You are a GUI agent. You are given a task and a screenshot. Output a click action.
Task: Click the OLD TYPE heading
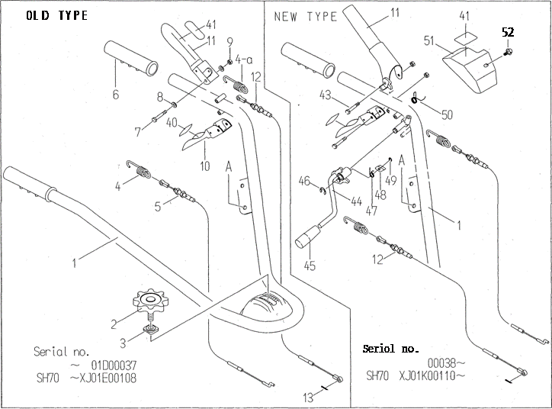[57, 15]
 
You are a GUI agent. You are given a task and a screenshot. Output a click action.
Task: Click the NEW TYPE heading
[306, 17]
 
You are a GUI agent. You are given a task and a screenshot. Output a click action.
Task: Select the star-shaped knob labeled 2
[151, 302]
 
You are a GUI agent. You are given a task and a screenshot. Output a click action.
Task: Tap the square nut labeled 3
[152, 330]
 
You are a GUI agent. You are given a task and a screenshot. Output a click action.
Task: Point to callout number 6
[116, 95]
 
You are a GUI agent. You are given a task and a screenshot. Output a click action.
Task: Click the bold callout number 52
[508, 32]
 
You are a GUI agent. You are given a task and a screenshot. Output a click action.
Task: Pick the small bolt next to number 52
[508, 52]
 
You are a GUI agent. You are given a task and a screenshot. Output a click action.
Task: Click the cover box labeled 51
[470, 69]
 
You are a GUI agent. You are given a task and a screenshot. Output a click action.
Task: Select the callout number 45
[310, 266]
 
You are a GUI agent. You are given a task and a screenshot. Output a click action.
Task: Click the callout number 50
[446, 114]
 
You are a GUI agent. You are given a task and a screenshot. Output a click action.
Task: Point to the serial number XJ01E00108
[104, 378]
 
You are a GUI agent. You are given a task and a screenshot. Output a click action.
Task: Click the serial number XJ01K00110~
[432, 375]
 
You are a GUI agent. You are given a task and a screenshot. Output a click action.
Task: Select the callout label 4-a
[244, 60]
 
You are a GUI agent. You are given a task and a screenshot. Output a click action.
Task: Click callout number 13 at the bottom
[308, 398]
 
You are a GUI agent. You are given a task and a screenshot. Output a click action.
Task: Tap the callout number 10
[204, 166]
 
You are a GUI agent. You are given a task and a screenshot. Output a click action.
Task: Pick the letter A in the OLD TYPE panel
[229, 166]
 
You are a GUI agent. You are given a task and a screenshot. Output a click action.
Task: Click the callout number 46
[304, 181]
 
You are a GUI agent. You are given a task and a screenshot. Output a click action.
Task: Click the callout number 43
[326, 95]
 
